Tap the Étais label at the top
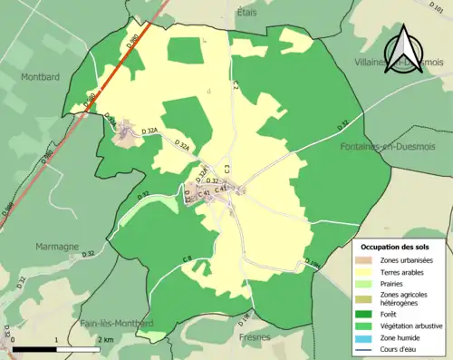(x=247, y=13)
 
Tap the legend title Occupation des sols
(x=396, y=246)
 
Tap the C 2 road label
(x=234, y=85)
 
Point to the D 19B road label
(x=313, y=263)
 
